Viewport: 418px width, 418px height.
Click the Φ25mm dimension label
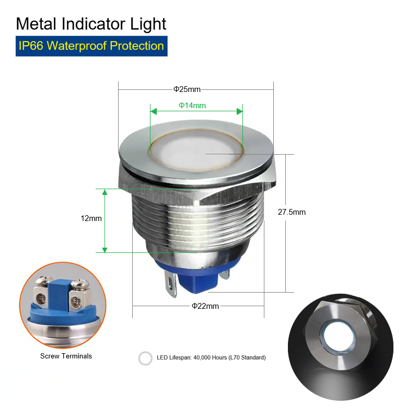pos(187,89)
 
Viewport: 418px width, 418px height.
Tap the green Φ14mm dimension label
pos(192,106)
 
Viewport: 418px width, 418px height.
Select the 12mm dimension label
pos(91,218)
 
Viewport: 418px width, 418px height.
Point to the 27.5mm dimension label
pos(292,212)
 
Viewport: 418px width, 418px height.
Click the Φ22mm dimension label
pos(205,306)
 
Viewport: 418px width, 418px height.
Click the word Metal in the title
pos(36,24)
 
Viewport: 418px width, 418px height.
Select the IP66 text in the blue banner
pos(31,46)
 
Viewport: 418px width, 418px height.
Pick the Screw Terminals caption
pos(66,356)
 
